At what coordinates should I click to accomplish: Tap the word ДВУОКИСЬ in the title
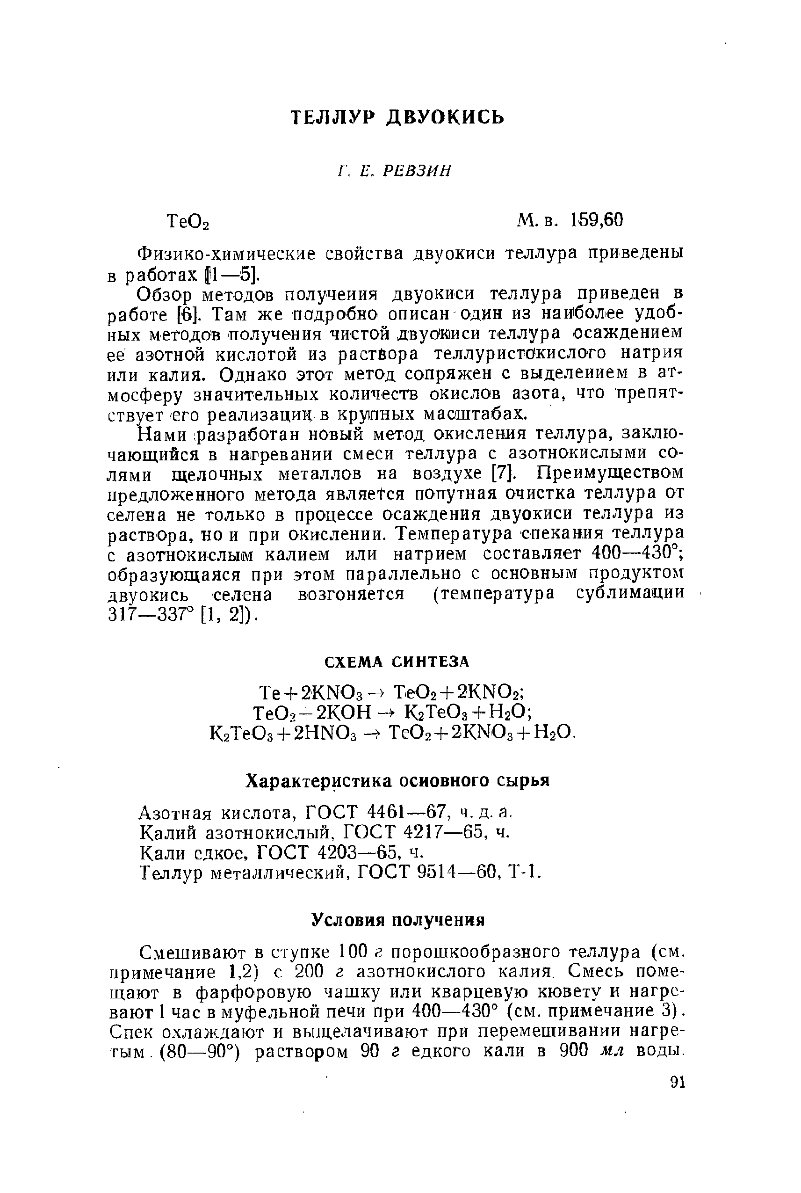pos(445,118)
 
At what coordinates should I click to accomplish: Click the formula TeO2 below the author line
pos(188,222)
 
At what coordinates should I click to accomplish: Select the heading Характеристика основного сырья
pos(397,782)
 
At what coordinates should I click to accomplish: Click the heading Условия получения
pos(398,921)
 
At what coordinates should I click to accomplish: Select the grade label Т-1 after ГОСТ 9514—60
pos(525,872)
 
